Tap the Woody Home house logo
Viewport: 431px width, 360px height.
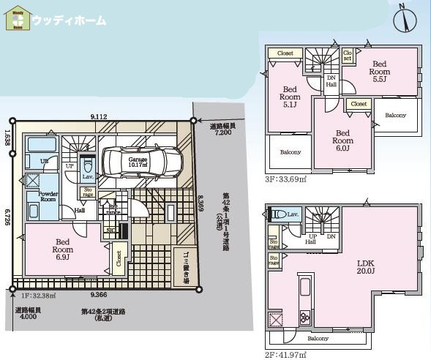click(x=17, y=20)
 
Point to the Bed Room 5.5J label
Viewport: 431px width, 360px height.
click(x=378, y=71)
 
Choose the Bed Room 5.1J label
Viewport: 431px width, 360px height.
click(x=291, y=97)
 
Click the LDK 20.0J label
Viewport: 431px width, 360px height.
click(x=365, y=267)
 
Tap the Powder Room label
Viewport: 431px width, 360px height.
click(x=48, y=195)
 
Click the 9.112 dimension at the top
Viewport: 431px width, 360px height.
click(x=100, y=116)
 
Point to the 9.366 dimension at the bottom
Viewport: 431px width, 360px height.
click(x=99, y=294)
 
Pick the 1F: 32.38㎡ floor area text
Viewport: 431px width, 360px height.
click(x=33, y=296)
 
